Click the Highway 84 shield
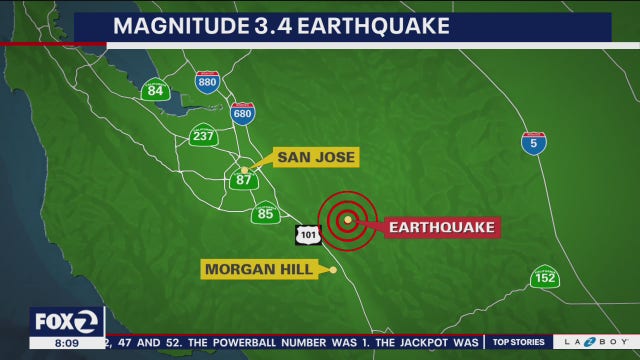tap(155, 90)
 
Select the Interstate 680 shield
tap(242, 113)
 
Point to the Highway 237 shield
tap(203, 135)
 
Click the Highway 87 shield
tap(244, 180)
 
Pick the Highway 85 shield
tap(265, 212)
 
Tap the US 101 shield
tap(306, 235)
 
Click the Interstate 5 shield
tap(534, 142)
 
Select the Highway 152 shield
tap(544, 277)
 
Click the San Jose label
tap(316, 157)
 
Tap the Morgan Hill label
tap(257, 269)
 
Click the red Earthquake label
tap(441, 227)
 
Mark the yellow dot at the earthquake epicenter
tap(347, 219)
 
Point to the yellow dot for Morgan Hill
tap(334, 269)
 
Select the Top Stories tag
tap(516, 342)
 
